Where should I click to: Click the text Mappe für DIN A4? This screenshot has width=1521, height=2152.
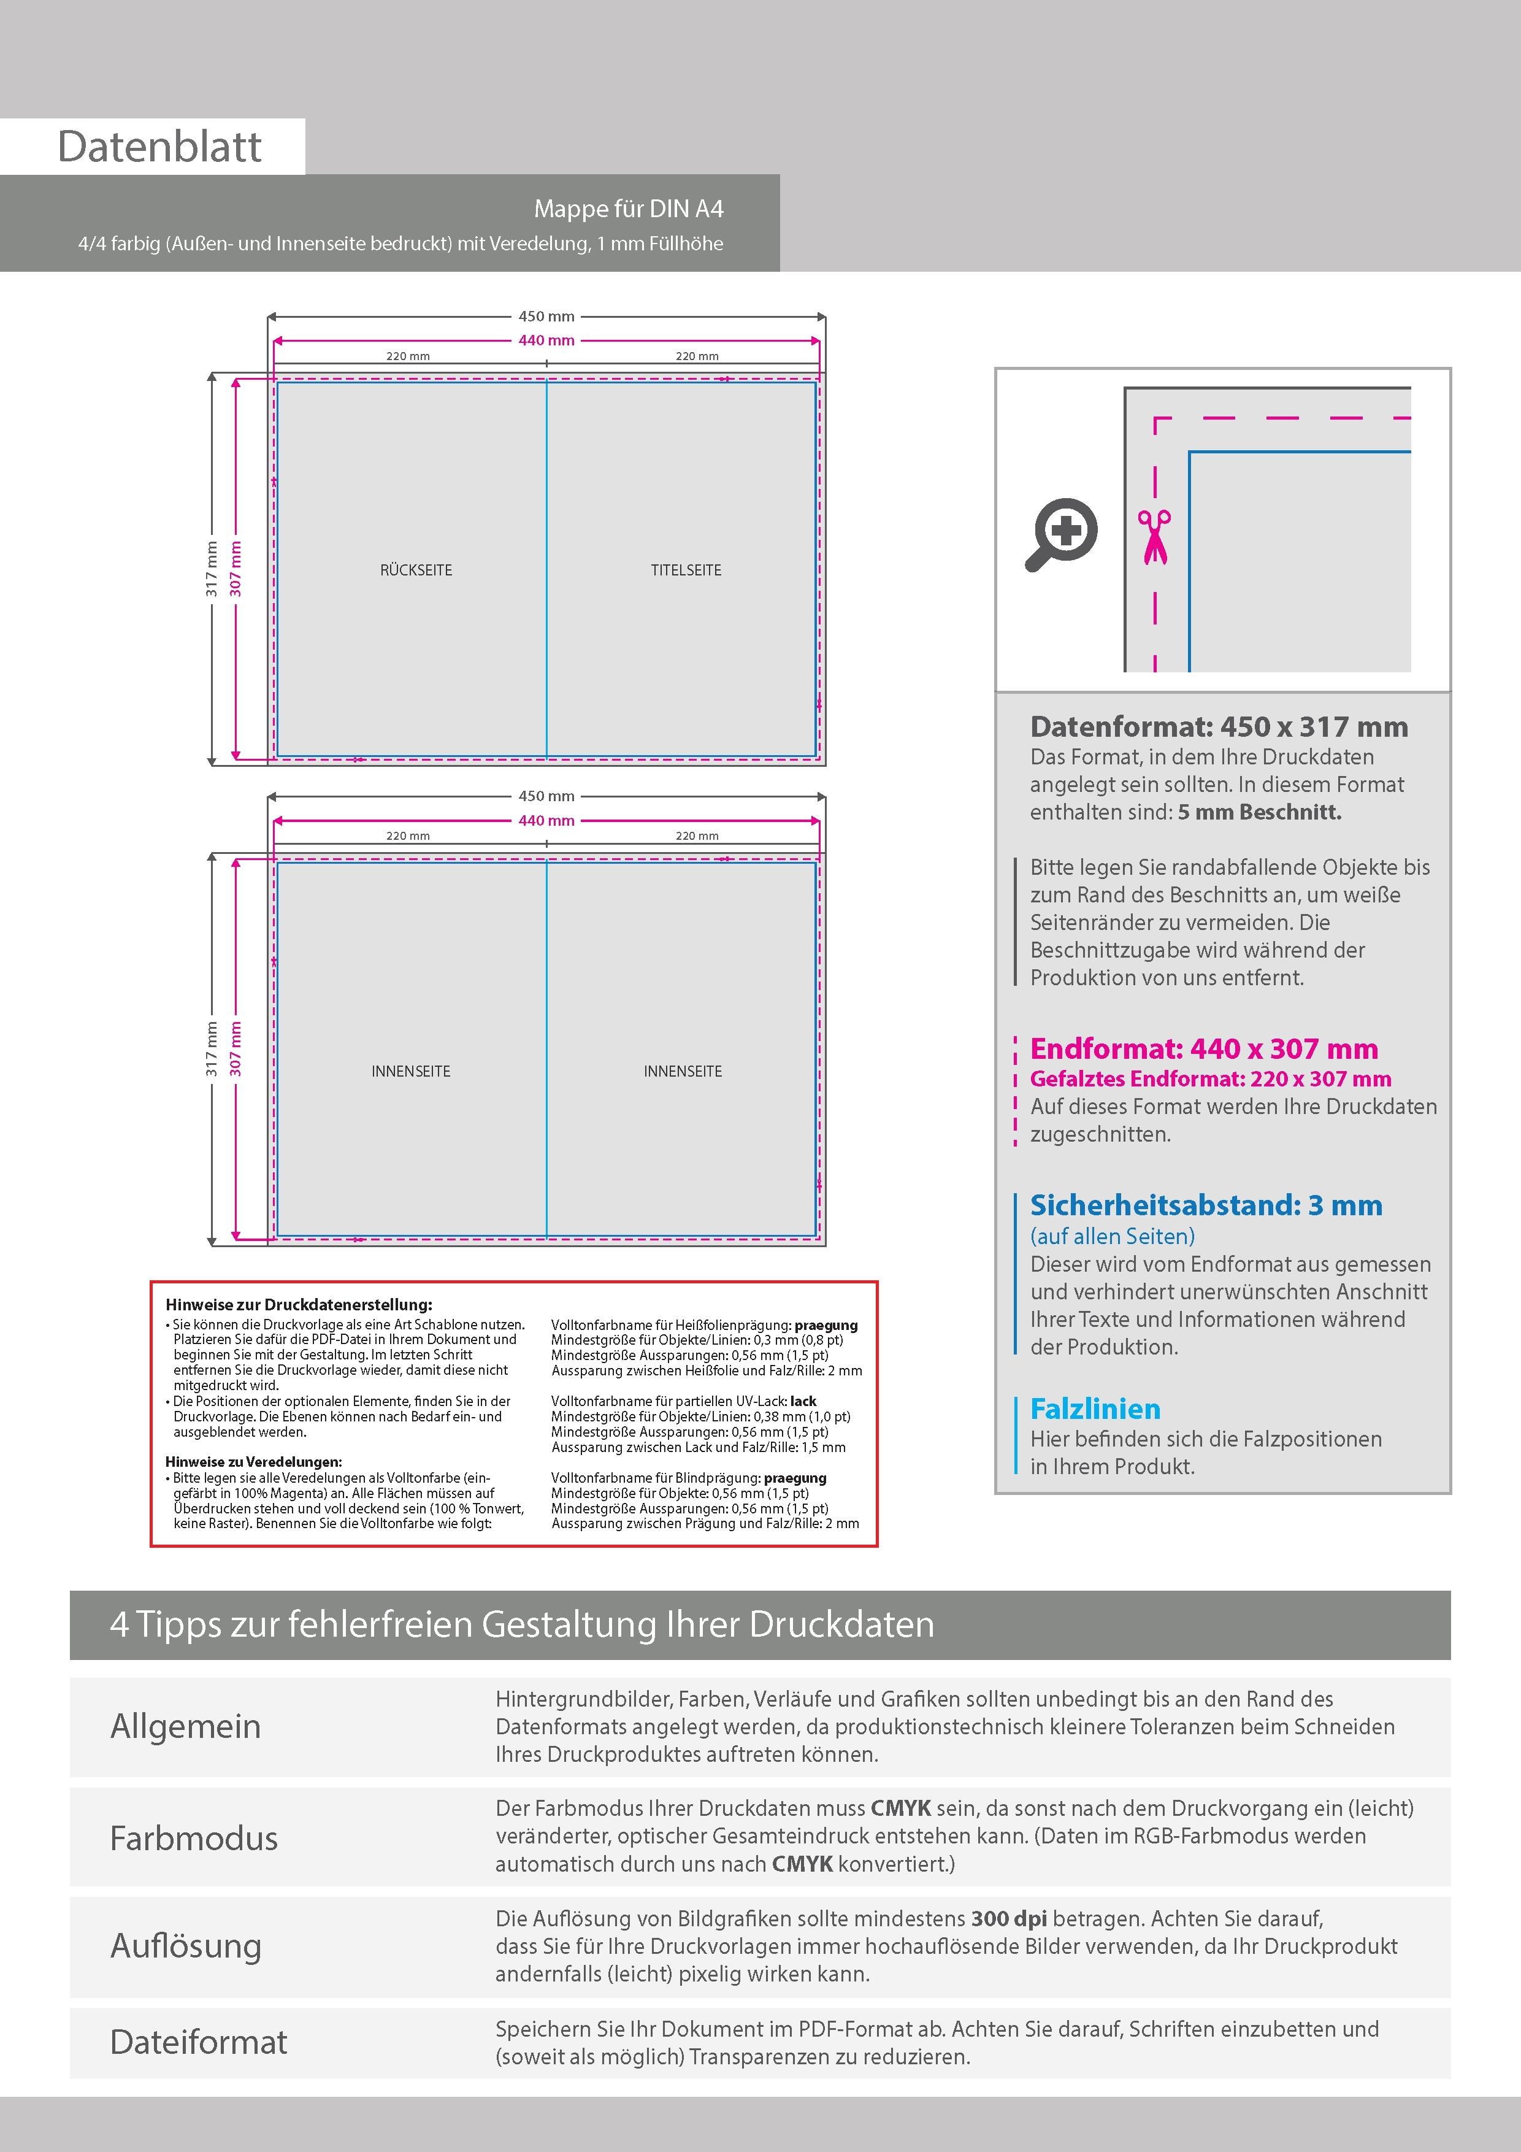pos(628,209)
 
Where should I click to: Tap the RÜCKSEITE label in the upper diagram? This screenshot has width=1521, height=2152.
pos(416,570)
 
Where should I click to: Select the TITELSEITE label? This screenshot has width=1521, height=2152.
pos(686,570)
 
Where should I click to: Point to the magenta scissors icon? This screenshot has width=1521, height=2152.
pos(1155,536)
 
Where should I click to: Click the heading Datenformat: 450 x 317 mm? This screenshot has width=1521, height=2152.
pos(1218,726)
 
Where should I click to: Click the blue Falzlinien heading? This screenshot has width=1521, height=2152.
pos(1095,1408)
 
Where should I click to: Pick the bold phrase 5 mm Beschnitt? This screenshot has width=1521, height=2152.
pos(1260,812)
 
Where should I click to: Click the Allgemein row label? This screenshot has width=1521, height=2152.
pos(186,1726)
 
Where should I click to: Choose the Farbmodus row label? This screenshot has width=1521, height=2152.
pos(194,1838)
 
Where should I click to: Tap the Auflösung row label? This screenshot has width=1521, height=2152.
pos(186,1946)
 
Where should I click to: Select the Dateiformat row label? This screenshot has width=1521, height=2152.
pos(199,2042)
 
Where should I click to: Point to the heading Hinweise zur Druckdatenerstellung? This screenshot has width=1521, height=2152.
pos(299,1304)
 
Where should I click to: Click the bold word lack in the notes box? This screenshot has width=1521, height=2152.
pos(803,1401)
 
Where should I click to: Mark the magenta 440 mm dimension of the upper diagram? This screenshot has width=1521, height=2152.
pos(546,340)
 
